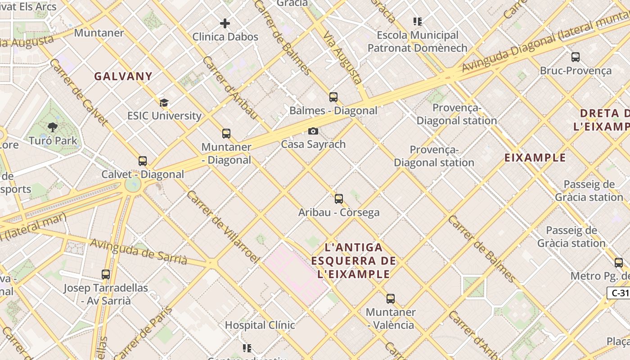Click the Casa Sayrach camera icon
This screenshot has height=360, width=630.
[x=313, y=131]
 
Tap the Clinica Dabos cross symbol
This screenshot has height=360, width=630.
[x=225, y=23]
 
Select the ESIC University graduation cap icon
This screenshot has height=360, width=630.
[x=164, y=103]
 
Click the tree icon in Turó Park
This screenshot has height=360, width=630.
[x=53, y=127]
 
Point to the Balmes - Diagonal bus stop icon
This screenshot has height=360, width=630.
[x=333, y=97]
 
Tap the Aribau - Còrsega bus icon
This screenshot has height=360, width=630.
[x=339, y=199]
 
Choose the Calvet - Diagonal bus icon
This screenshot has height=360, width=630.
[x=143, y=161]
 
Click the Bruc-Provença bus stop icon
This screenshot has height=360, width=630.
[x=576, y=57]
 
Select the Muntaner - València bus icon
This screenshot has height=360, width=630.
[x=391, y=299]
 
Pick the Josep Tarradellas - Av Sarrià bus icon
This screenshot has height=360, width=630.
[x=106, y=274]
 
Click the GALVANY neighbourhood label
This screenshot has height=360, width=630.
[x=123, y=76]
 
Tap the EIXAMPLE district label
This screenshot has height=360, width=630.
[x=535, y=157]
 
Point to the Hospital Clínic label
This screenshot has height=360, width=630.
[x=260, y=325]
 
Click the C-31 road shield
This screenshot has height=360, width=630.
[x=619, y=293]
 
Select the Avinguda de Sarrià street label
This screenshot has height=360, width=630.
[x=139, y=252]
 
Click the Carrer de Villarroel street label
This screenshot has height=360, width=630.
[x=223, y=227]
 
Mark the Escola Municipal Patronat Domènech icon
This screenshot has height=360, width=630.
[x=418, y=22]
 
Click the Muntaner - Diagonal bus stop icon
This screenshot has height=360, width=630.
[x=226, y=134]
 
